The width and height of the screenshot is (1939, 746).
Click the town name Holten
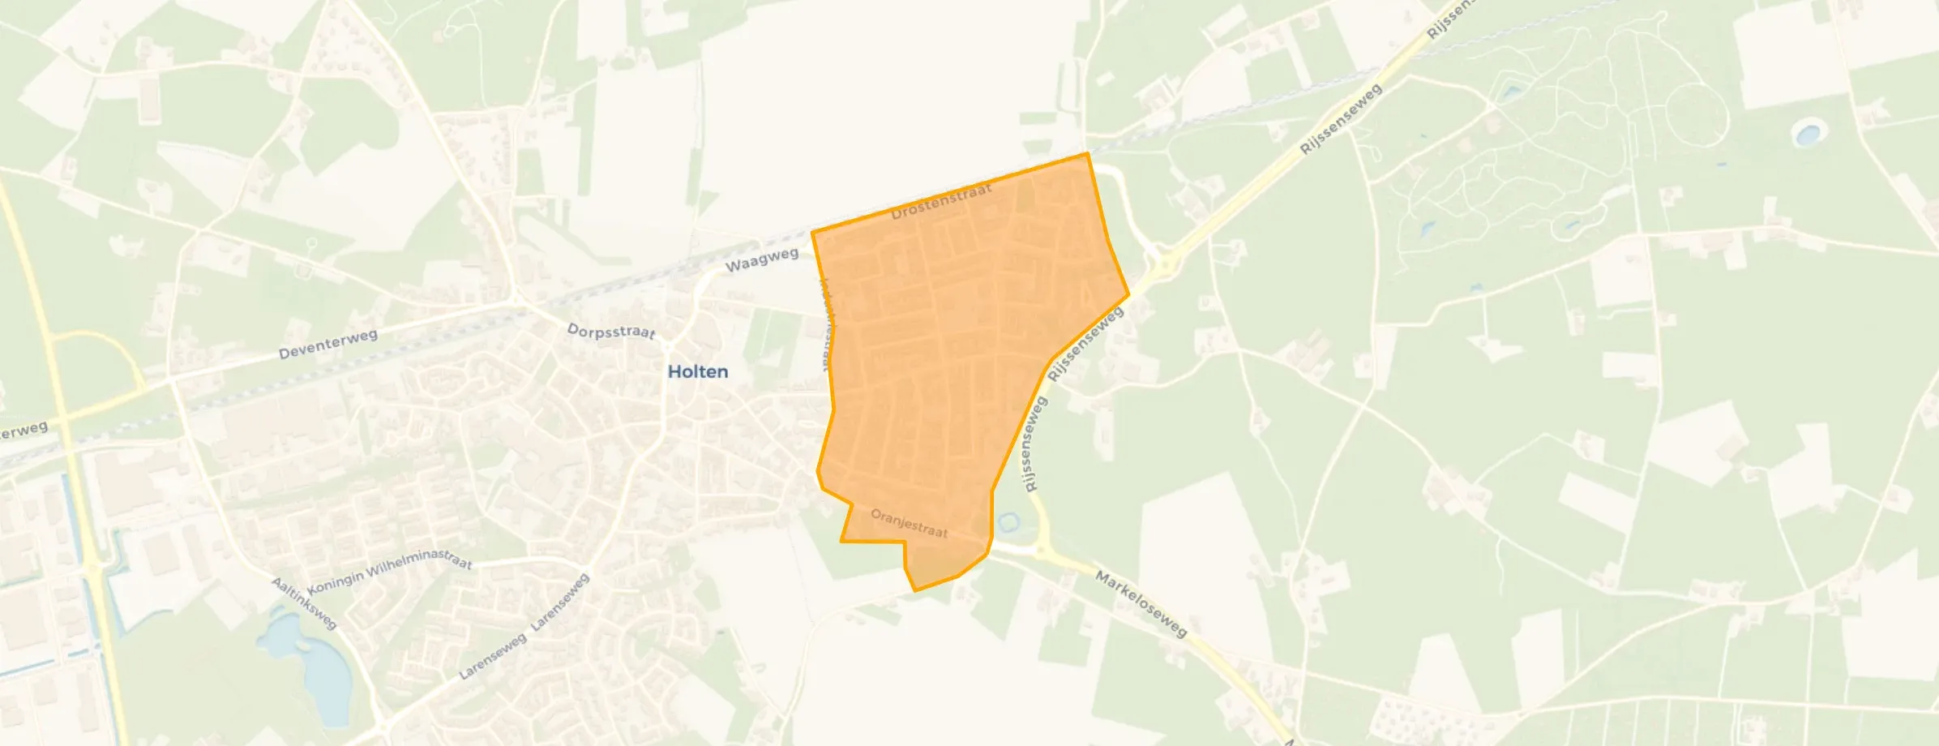(698, 371)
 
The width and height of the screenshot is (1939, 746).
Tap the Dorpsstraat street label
(611, 332)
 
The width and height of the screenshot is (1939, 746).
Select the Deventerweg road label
(327, 344)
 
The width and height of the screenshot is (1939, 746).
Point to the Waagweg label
(761, 260)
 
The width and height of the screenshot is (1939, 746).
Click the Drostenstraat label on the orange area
(941, 202)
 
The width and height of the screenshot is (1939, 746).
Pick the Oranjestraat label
(909, 523)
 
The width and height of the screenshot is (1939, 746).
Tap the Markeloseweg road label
(1141, 603)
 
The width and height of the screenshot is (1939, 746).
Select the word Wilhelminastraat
(419, 561)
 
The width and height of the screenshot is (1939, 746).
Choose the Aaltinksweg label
(303, 603)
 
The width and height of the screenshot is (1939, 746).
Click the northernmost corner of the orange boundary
(1087, 153)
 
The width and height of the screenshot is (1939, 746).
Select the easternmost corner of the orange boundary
(1128, 294)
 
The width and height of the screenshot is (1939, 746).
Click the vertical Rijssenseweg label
(1030, 445)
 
